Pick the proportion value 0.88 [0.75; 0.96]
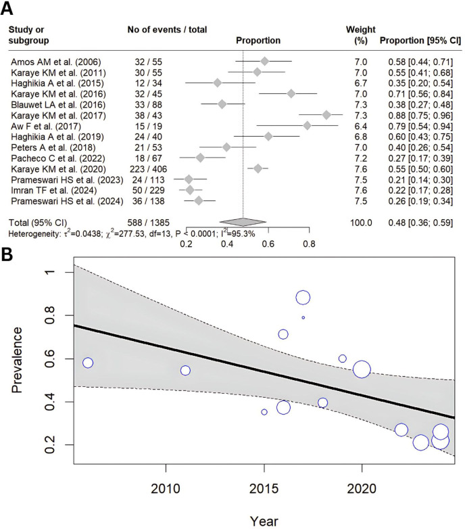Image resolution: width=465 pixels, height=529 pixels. (420, 114)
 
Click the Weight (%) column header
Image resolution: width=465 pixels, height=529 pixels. (356, 35)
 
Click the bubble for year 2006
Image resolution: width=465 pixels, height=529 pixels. (88, 363)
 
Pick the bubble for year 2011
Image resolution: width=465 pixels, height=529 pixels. (185, 370)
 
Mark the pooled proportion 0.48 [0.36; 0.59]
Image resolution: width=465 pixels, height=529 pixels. (420, 222)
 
